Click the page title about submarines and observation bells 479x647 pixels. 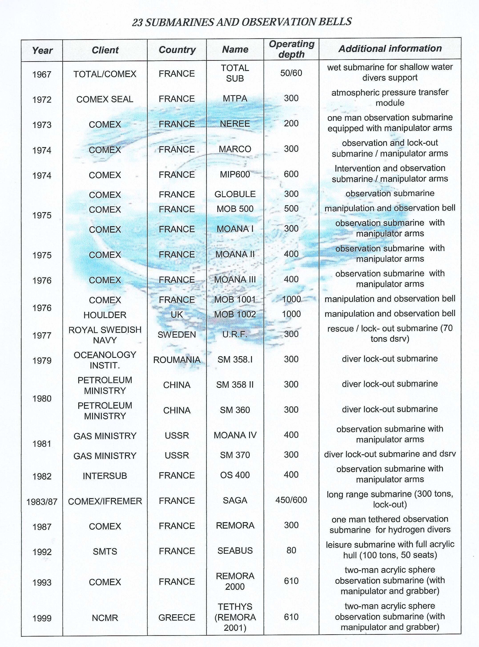[242, 22]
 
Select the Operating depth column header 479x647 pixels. [291, 49]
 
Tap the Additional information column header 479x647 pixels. [390, 49]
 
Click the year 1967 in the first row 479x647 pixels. [42, 75]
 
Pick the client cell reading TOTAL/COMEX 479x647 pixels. [105, 74]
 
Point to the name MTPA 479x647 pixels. [235, 99]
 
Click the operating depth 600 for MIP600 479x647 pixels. [291, 174]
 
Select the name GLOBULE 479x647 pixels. [235, 194]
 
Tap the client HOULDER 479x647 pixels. [105, 315]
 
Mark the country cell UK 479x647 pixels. [177, 314]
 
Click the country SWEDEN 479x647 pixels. [177, 335]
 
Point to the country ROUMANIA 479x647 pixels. [177, 360]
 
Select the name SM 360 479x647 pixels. [235, 410]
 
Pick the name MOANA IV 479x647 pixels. [235, 435]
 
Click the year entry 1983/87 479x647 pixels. [42, 502]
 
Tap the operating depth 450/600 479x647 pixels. [291, 500]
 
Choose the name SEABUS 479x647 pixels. [235, 551]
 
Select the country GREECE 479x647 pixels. [177, 617]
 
